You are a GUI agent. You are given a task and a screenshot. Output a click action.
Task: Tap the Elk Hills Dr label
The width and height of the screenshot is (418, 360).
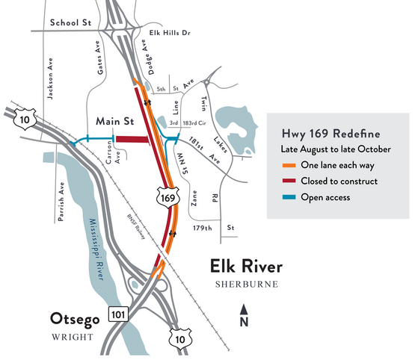(x=170, y=33)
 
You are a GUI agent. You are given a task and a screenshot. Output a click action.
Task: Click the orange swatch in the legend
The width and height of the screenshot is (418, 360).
(x=286, y=164)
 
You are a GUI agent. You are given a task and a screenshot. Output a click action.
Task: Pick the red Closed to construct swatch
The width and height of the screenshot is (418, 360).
(x=286, y=181)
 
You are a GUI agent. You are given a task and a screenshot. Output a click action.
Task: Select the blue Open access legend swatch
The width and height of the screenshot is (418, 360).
(x=286, y=197)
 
